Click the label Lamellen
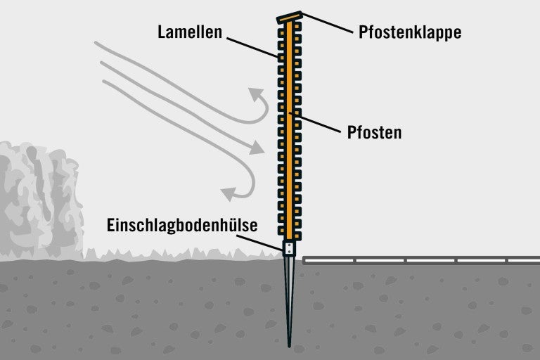pos(190,32)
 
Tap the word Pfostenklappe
pos(410,32)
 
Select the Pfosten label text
pos(374,133)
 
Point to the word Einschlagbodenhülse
pos(182,225)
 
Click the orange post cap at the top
pos(290,18)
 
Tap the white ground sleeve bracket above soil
pos(289,248)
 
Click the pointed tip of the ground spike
pos(289,345)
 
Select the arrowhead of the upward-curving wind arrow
pos(256,94)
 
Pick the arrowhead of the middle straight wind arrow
pos(257,148)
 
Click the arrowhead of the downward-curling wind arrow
pos(229,194)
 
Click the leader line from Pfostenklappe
pos(328,23)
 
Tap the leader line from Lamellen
pos(252,48)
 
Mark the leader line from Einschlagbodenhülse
pos(260,243)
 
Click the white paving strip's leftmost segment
pos(330,261)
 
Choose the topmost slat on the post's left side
pos(281,33)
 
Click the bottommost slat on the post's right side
pos(297,236)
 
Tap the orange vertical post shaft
pos(289,131)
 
